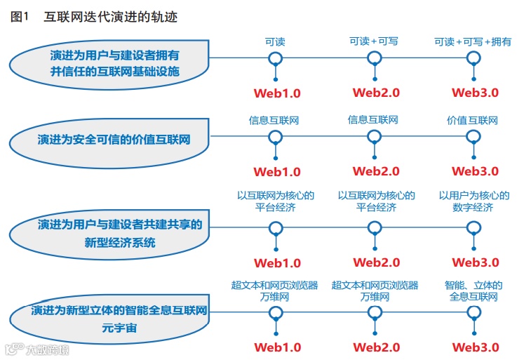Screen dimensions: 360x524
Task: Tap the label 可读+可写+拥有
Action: tap(473, 42)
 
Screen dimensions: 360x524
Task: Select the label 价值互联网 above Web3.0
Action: tap(473, 121)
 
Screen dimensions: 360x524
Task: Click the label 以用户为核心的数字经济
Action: tap(473, 201)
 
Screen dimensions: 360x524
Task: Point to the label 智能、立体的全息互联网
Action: tap(473, 291)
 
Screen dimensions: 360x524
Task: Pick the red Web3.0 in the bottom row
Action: tap(475, 347)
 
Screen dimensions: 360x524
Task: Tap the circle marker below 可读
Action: tap(276, 58)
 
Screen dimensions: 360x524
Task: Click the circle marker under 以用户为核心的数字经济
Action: tap(475, 227)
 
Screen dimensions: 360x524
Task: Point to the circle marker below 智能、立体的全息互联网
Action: tap(475, 313)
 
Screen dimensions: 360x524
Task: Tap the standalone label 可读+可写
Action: tap(374, 42)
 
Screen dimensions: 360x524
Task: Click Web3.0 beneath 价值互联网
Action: tap(475, 171)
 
